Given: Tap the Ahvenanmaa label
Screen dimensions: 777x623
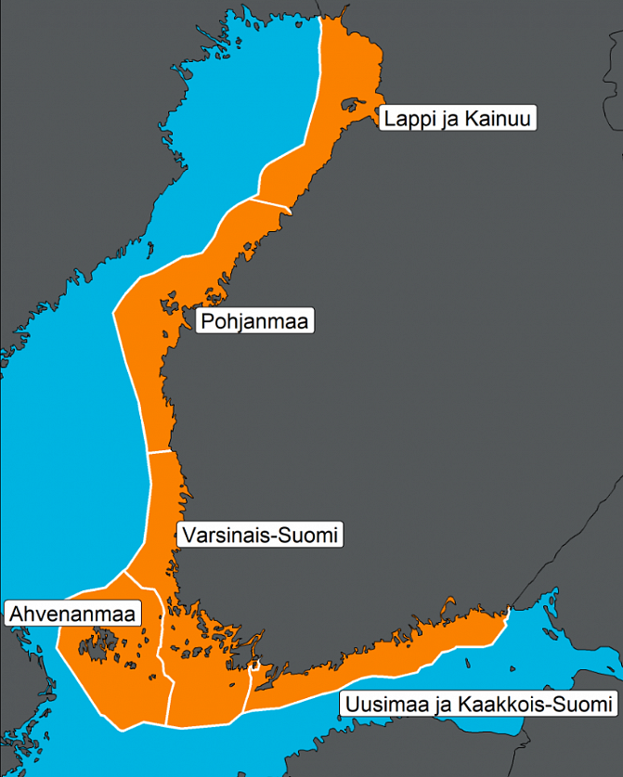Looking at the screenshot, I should click(x=73, y=614).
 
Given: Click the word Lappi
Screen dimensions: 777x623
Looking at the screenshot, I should click(x=406, y=119).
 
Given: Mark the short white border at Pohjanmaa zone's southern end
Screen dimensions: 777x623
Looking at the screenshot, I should click(x=162, y=453).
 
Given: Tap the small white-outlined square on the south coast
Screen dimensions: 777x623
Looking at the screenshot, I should click(x=256, y=666).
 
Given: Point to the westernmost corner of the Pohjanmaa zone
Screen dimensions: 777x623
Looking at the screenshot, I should click(x=114, y=315).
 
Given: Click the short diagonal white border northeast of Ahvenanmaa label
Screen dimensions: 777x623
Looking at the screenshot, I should click(x=144, y=581).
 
